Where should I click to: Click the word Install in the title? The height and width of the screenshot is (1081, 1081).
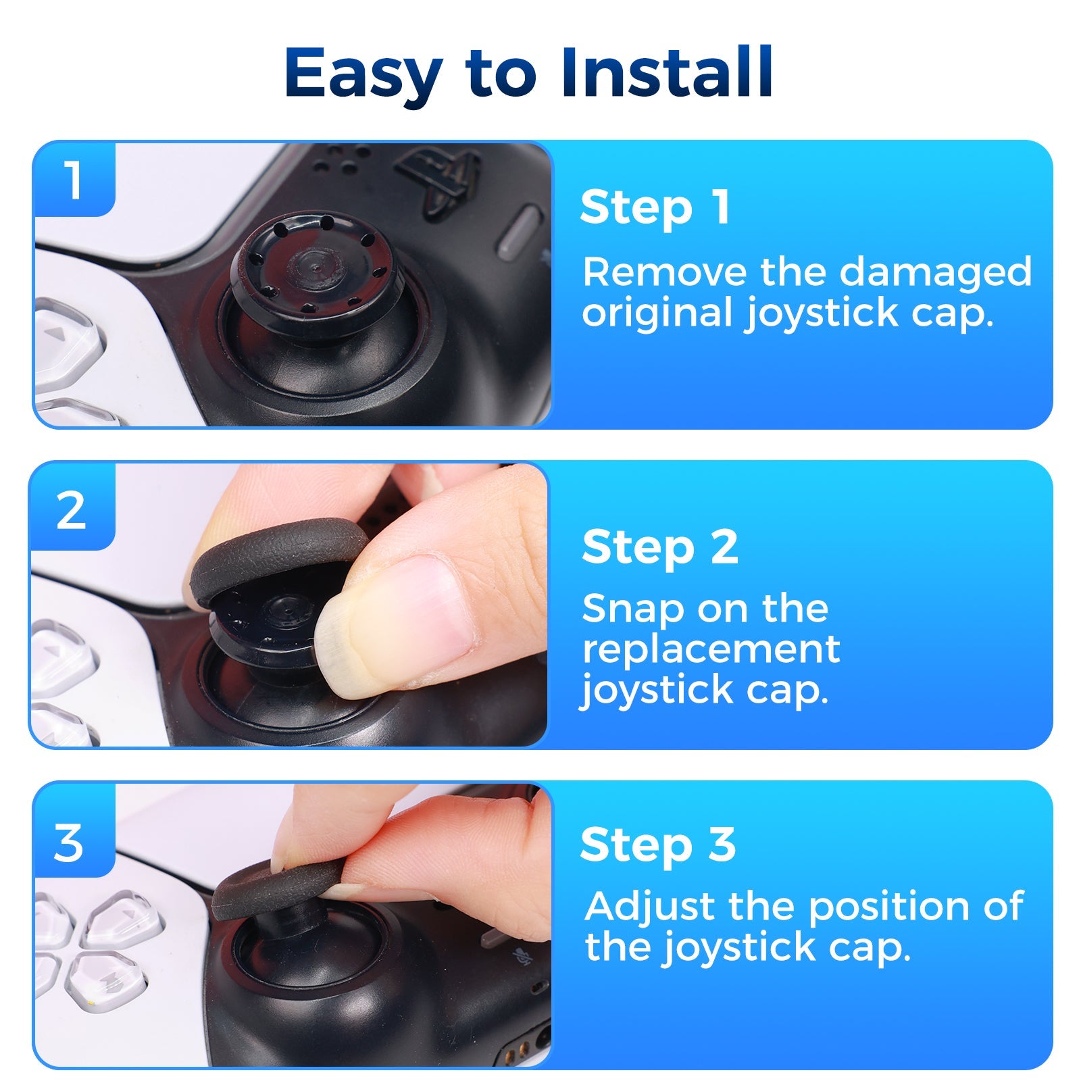[666, 73]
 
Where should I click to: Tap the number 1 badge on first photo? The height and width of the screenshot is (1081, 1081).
[74, 180]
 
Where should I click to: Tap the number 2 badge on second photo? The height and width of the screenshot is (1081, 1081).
[72, 511]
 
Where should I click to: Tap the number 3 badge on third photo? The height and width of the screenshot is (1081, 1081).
[70, 843]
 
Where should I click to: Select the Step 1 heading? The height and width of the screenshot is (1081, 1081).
[654, 207]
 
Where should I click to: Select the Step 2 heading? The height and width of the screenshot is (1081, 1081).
[659, 547]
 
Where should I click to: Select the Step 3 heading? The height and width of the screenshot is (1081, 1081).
[657, 845]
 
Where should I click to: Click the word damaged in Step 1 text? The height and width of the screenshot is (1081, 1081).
[935, 272]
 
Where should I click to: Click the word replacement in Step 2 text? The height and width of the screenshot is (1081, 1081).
[711, 650]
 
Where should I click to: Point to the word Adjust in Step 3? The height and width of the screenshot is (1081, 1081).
[650, 907]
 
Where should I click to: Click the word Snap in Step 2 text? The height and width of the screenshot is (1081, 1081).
[632, 609]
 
